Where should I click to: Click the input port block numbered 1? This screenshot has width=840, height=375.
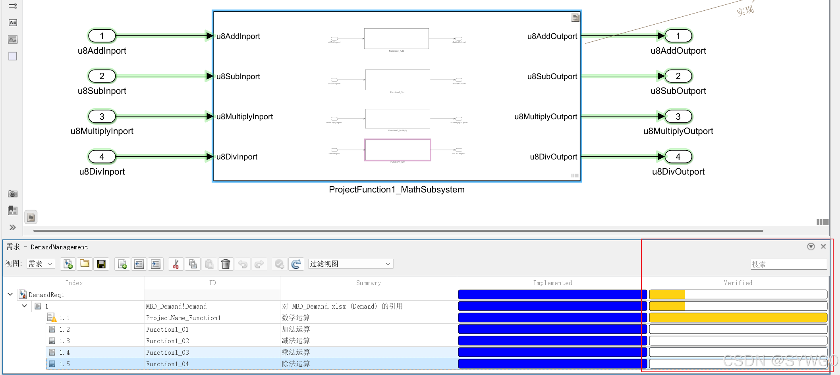tap(102, 36)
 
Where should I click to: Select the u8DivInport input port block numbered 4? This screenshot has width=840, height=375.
tap(102, 157)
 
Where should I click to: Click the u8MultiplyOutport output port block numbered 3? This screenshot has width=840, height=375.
tap(678, 117)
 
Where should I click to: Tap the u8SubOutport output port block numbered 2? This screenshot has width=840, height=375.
tap(678, 76)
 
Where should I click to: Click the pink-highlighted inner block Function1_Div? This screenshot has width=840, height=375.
tap(397, 150)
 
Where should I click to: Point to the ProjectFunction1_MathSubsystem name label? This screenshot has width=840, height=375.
tap(396, 190)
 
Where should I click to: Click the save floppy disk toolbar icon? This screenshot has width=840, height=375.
tap(101, 264)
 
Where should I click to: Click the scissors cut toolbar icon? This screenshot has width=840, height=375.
tap(176, 264)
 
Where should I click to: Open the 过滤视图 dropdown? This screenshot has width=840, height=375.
tap(350, 264)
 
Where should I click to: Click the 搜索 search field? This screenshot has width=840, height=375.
tap(788, 264)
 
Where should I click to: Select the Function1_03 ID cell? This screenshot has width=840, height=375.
tap(168, 353)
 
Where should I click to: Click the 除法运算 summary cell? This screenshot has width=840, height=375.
tap(296, 364)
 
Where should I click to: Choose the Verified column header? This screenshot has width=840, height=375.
tap(738, 283)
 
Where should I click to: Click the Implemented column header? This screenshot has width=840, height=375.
tap(552, 283)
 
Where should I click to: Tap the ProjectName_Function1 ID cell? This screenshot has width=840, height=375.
tap(183, 318)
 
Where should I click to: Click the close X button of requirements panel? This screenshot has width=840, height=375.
tap(823, 247)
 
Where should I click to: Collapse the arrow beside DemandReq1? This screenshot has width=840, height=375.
tap(10, 295)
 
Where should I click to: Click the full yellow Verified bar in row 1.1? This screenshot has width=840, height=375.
tap(738, 318)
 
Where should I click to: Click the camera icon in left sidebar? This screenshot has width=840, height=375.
tap(13, 194)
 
